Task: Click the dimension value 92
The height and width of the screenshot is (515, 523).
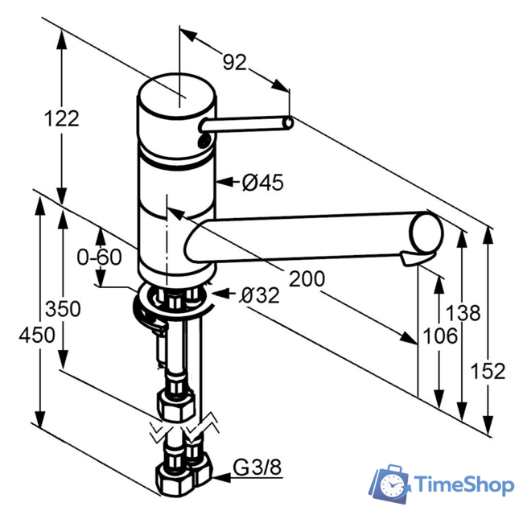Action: tap(234, 61)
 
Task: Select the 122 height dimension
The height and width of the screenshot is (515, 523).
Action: tap(61, 118)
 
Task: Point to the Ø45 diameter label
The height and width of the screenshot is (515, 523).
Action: tap(262, 183)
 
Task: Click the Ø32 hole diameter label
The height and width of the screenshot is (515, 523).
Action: tap(259, 295)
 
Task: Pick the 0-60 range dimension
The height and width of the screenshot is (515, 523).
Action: tap(99, 258)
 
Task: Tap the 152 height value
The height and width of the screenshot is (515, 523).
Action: tap(488, 370)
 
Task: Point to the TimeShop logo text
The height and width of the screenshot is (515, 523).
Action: tap(464, 484)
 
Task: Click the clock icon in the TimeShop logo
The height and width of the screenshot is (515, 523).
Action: tap(393, 484)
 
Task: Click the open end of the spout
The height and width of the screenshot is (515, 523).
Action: tap(426, 233)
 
